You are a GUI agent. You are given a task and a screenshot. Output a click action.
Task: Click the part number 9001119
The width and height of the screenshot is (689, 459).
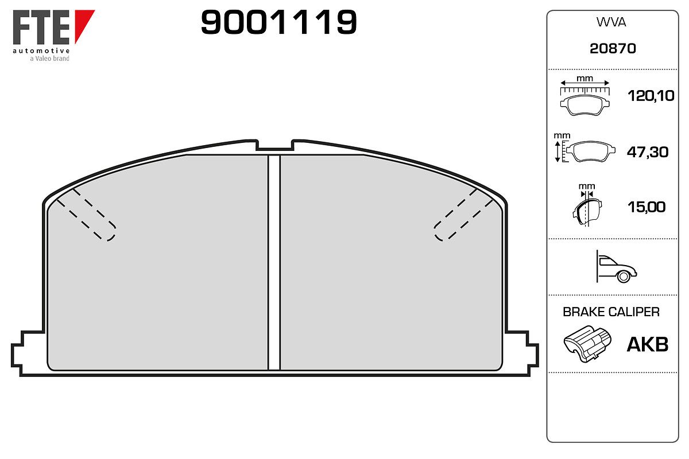tap(278, 22)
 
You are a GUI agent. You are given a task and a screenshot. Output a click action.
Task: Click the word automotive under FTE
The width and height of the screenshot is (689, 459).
tap(41, 50)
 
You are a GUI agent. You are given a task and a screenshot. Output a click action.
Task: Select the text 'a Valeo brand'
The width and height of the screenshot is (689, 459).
tap(49, 59)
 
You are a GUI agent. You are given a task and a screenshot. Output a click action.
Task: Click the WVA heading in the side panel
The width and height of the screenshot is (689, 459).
tap(611, 22)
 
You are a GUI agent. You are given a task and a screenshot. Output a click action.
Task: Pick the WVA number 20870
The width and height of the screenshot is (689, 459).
tap(613, 49)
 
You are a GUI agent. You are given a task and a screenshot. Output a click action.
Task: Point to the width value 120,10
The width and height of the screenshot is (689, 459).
tap(651, 96)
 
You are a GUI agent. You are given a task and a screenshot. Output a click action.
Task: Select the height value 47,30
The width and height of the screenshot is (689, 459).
tap(648, 152)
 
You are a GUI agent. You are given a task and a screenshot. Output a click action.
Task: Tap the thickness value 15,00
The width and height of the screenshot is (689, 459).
tap(647, 207)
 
